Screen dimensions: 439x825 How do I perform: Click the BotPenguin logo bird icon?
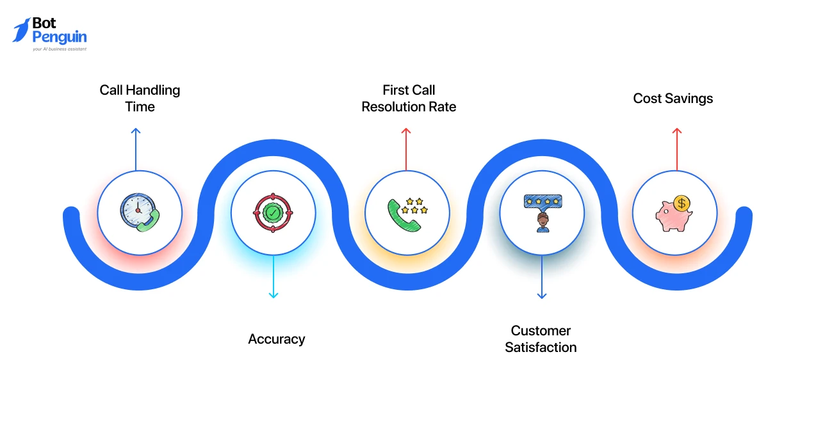coord(21,30)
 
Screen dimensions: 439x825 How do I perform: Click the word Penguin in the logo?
coord(59,37)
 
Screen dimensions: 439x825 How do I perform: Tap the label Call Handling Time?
coord(140,98)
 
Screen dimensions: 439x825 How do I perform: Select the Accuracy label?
coord(276,339)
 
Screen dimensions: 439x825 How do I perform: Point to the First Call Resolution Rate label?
coord(409,98)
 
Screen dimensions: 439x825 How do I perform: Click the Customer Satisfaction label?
coord(541,339)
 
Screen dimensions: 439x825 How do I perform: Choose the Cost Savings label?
coord(673,98)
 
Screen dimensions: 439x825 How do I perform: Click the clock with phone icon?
coord(140,212)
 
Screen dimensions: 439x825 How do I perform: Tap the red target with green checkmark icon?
coord(273,212)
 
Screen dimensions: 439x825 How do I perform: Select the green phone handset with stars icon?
coord(407,213)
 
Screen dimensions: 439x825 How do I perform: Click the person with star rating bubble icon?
coord(542,212)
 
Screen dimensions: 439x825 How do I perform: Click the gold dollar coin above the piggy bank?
coord(682,204)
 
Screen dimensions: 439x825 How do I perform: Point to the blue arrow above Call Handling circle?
coord(135,148)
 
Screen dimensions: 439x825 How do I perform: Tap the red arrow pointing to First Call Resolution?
coord(406,148)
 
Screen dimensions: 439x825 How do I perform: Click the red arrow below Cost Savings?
coord(676,148)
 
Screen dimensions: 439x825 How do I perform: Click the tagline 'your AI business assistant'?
coord(59,49)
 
